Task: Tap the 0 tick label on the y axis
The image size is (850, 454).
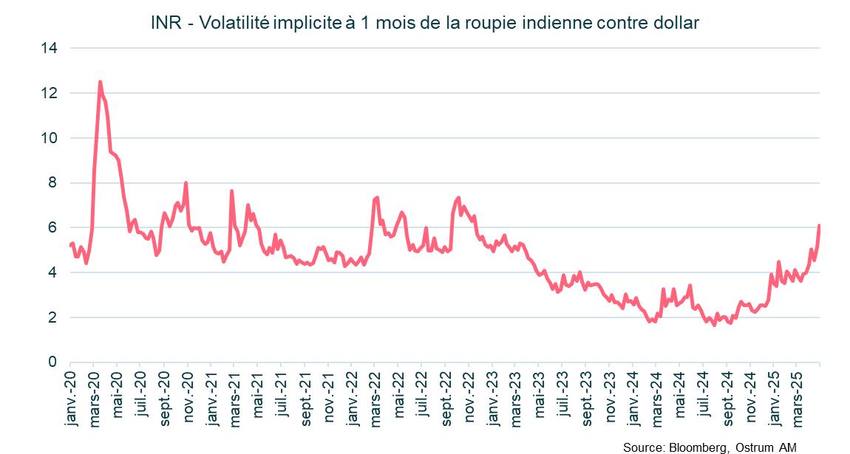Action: [x=53, y=362]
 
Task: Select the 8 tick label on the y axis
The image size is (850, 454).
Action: [x=53, y=183]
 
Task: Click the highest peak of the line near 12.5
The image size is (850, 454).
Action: [x=100, y=82]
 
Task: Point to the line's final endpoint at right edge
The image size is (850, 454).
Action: [x=819, y=226]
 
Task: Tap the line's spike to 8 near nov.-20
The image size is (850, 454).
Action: [x=186, y=183]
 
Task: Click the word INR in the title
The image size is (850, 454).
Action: [x=164, y=23]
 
